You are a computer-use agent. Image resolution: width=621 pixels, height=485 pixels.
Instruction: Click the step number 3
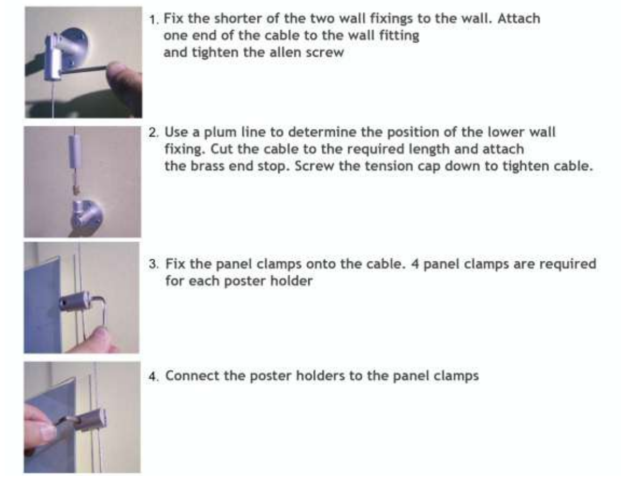153,265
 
